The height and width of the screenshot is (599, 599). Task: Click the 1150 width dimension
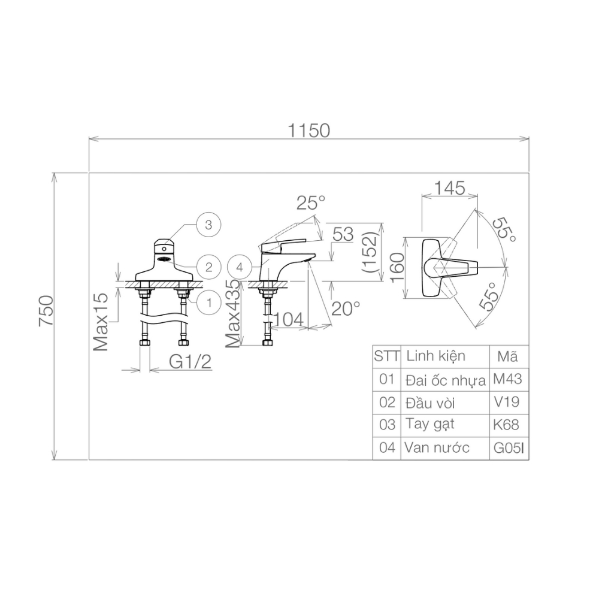pos(308,131)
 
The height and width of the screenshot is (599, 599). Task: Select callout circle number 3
pos(208,225)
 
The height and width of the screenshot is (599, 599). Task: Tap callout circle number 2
pos(208,267)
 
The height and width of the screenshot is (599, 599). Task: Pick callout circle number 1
pos(208,302)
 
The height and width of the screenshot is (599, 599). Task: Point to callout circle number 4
pos(240,267)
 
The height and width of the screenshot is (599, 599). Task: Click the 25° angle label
pos(310,204)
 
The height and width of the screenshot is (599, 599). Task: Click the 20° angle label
pos(346,308)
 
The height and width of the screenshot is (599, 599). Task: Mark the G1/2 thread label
pos(189,362)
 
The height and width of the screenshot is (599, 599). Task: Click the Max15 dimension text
pos(100,322)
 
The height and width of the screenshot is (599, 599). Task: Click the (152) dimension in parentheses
pos(371,252)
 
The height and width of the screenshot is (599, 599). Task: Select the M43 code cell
pos(508,379)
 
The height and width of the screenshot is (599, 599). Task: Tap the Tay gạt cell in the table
pos(429,425)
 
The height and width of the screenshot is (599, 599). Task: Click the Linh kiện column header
pos(435,356)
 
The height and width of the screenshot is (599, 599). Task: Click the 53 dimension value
pos(344,234)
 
